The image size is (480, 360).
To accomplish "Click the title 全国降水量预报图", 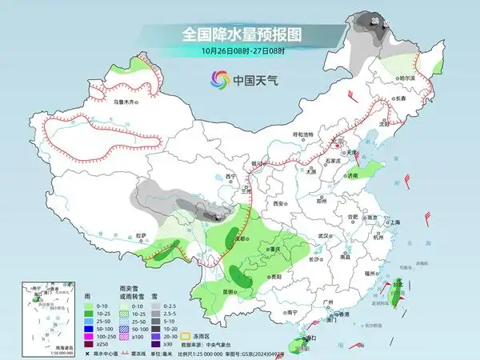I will (239, 35).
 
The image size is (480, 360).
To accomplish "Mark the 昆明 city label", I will (230, 291).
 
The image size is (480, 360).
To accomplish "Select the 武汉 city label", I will (324, 236).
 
